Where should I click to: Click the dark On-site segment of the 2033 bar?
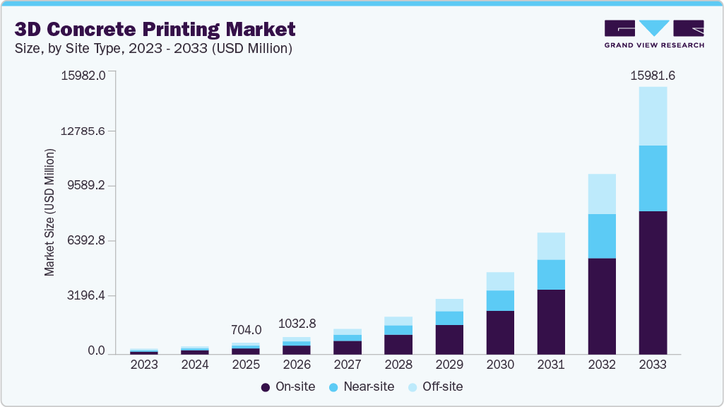[x=652, y=283]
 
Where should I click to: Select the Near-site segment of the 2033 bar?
[x=652, y=178]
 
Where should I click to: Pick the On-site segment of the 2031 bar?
[x=550, y=322]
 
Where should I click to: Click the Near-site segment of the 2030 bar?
[x=499, y=300]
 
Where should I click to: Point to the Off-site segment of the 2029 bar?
[x=449, y=305]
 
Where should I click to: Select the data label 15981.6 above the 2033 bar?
[x=652, y=76]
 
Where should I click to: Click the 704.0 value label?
[x=247, y=330]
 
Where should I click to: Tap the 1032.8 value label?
[x=297, y=324]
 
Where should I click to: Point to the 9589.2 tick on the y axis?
[x=85, y=186]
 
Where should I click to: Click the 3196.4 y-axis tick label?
[x=85, y=296]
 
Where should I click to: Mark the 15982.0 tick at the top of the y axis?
[x=83, y=76]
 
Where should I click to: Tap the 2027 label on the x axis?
[x=347, y=365]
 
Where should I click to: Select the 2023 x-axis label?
[x=144, y=365]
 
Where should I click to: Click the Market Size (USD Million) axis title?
[x=49, y=212]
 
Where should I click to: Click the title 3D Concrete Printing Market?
[x=155, y=30]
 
